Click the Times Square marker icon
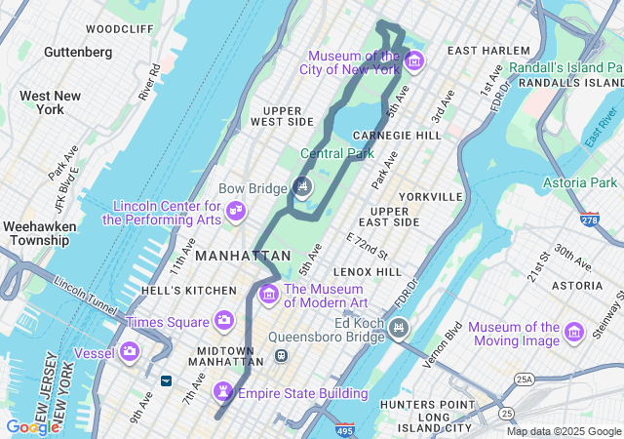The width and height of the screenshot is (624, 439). (x=224, y=321)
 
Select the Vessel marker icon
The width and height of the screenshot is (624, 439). (x=130, y=351)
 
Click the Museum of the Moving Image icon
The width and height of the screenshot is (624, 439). (x=574, y=334)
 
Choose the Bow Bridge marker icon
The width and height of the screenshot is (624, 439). (x=302, y=186)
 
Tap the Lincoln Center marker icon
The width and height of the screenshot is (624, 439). (x=235, y=211)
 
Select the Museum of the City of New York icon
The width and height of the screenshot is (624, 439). (x=414, y=61)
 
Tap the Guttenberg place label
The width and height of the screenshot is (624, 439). (x=78, y=51)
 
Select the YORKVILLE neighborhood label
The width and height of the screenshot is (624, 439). (x=430, y=196)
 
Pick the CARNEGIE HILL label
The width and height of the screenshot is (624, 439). (x=397, y=135)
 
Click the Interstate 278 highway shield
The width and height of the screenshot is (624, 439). (x=589, y=218)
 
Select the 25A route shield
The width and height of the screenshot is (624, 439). (x=526, y=379)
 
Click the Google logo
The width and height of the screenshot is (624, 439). (x=31, y=426)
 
